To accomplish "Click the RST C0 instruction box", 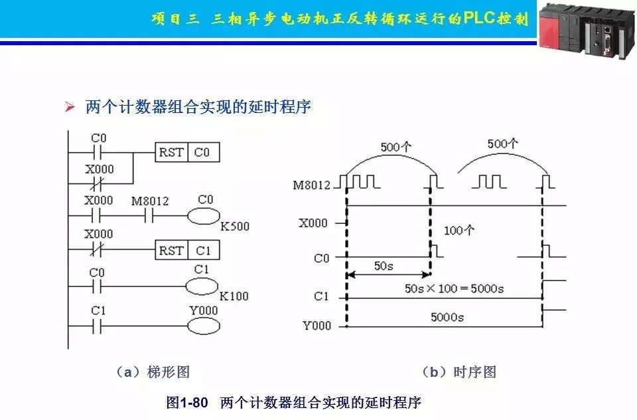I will (x=186, y=152).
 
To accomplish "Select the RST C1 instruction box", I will (x=186, y=250).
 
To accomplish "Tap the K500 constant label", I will (x=234, y=226).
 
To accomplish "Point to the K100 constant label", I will (x=234, y=296).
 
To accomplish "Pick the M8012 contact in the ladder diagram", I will (x=150, y=216).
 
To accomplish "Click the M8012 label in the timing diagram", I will (x=311, y=185).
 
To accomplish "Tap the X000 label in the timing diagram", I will (x=313, y=223).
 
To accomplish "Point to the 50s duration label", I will (x=384, y=266).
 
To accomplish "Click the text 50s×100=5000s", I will (x=454, y=288).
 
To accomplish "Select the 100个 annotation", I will (x=460, y=231).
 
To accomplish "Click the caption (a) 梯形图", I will (x=152, y=372).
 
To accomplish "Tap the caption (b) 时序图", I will (x=459, y=372).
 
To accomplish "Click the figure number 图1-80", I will (x=188, y=403).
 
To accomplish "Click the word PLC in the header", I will (x=481, y=18).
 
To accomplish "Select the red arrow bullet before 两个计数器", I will (x=70, y=107).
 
